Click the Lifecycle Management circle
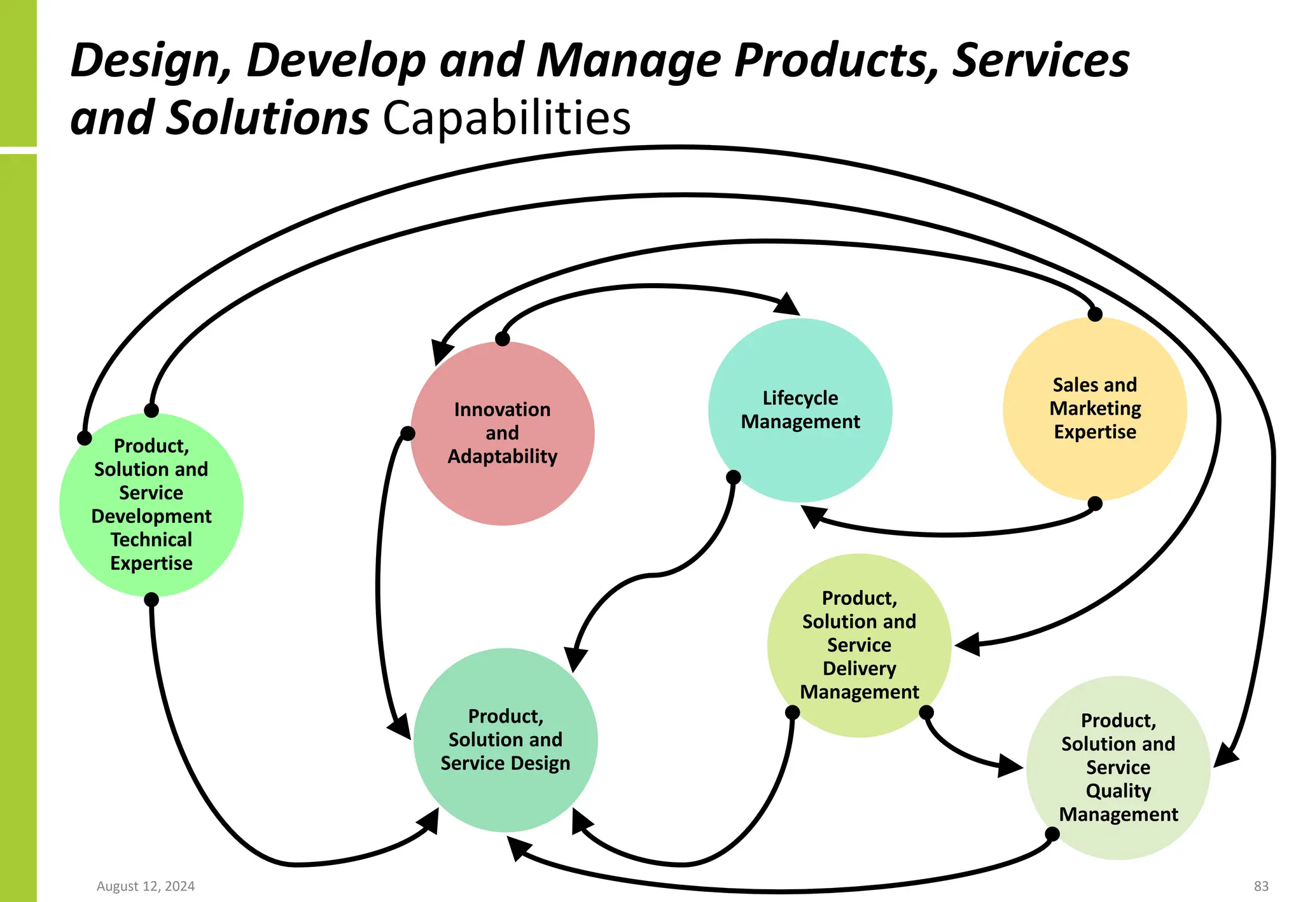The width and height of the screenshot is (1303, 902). coord(800,410)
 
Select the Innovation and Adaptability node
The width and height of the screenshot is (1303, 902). coord(502,433)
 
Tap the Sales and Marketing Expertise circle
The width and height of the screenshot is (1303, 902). coord(1094,408)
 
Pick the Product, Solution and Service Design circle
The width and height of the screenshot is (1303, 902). coord(505,740)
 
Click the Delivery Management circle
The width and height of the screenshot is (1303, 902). coord(859,645)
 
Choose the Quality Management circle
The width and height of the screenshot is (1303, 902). coord(1118,767)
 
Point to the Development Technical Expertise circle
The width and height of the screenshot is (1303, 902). coord(151,504)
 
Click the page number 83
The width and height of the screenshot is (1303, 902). coord(1261,886)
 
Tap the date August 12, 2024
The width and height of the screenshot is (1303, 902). coord(146,886)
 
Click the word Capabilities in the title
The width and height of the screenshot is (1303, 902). coord(506,118)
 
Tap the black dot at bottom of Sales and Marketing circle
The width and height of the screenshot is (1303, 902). coord(1094,504)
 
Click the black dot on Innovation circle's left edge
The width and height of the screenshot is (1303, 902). coord(408,434)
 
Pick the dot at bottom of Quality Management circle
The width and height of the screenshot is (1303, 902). coord(1052,833)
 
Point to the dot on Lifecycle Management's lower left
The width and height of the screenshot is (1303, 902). coord(734,477)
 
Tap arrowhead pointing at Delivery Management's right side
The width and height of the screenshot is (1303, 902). coord(967,644)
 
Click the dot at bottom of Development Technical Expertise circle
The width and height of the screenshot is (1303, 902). coord(151,599)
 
